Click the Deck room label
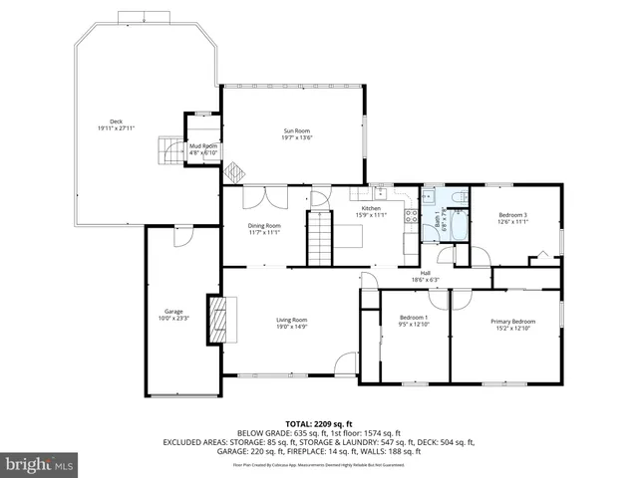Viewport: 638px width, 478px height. click(x=117, y=122)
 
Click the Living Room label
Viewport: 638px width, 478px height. click(x=292, y=319)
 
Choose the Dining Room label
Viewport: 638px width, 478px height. click(x=265, y=226)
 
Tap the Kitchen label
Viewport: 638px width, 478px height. click(x=370, y=208)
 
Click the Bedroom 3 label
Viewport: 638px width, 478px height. click(x=512, y=216)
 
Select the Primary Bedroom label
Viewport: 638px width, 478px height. click(x=512, y=321)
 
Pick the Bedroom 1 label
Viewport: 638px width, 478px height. click(x=412, y=318)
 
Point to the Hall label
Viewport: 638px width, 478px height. click(x=425, y=274)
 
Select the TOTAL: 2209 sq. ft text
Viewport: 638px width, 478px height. click(x=318, y=423)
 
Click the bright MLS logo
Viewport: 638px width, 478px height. click(x=40, y=464)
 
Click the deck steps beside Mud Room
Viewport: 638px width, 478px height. click(x=163, y=151)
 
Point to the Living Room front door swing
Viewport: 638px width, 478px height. click(x=345, y=364)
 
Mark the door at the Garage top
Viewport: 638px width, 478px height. click(x=182, y=236)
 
